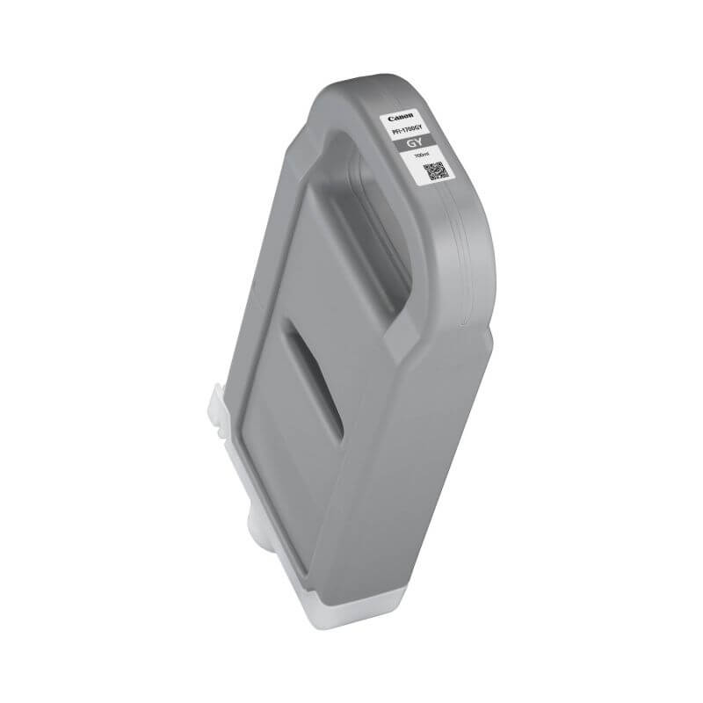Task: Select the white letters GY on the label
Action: (409, 142)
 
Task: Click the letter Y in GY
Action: (414, 143)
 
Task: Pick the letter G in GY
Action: (406, 141)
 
